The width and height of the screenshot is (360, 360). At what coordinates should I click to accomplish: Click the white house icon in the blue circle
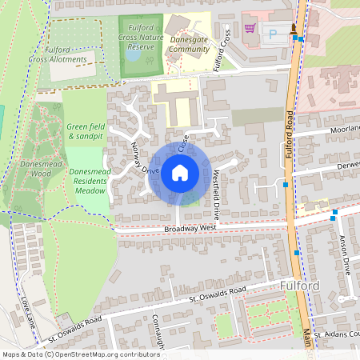tap(180, 172)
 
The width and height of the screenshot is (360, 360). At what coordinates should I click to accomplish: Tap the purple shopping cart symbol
tap(250, 27)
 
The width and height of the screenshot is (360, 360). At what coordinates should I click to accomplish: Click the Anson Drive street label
tap(346, 254)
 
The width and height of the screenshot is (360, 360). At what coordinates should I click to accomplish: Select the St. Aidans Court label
tap(336, 334)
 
